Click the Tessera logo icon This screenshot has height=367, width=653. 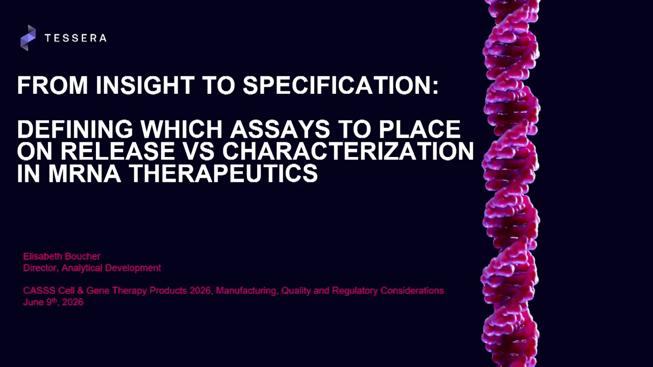[28, 38]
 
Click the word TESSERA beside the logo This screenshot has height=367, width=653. [76, 38]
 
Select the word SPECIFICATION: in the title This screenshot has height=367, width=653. [340, 85]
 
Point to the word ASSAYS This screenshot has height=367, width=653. [280, 129]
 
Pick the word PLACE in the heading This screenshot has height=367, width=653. [419, 129]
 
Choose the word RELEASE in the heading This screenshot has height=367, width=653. [117, 151]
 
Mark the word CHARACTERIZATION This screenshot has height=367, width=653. [348, 151]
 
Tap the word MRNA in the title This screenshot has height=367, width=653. [84, 173]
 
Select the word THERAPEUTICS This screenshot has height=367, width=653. [223, 173]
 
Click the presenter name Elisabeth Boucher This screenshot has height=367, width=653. [62, 256]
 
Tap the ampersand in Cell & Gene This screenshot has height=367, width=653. [81, 291]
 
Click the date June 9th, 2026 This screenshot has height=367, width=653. [54, 302]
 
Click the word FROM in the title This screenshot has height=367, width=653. [53, 85]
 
